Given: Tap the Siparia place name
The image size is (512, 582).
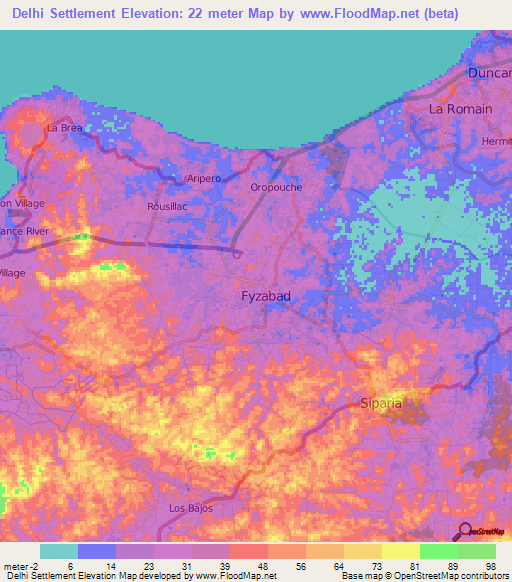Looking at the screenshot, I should (x=380, y=404).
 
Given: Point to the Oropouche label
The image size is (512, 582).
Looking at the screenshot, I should (x=276, y=187).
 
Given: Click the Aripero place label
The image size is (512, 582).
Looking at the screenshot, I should (x=203, y=178).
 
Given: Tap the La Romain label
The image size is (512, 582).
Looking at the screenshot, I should (x=460, y=108).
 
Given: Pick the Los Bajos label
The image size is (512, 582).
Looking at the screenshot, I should (x=188, y=508).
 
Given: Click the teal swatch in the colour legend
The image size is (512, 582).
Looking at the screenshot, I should (x=59, y=551).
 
